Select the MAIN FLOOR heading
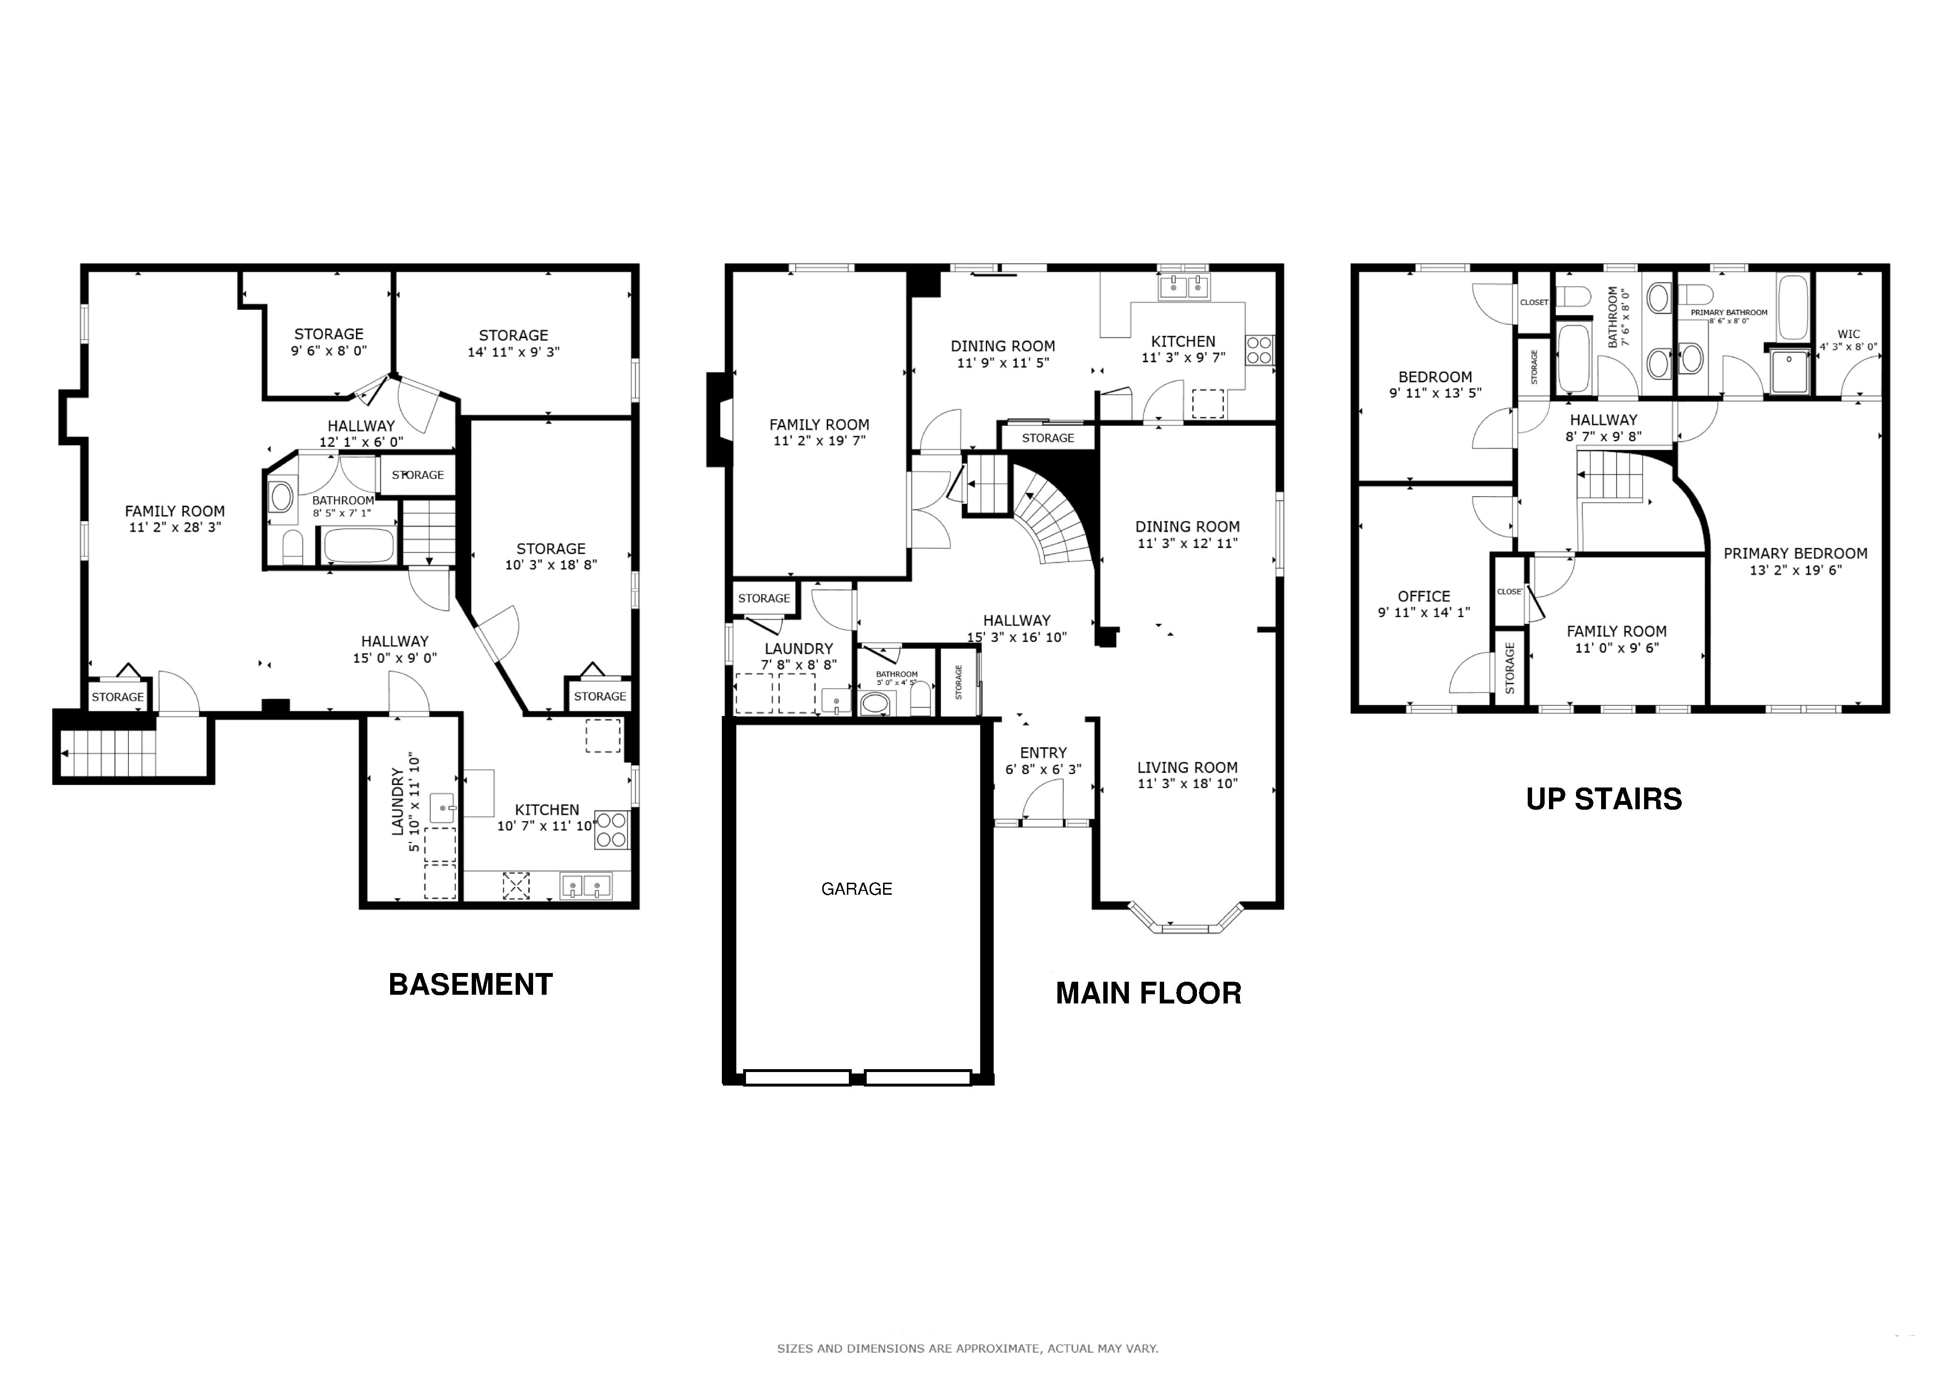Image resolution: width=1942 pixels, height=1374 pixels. pyautogui.click(x=1149, y=992)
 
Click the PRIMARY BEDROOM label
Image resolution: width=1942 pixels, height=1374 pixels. pyautogui.click(x=1796, y=553)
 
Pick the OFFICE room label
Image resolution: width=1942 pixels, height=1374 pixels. pyautogui.click(x=1424, y=597)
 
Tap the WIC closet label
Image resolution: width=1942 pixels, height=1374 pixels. pyautogui.click(x=1849, y=334)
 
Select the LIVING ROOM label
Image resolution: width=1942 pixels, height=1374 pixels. pyautogui.click(x=1187, y=767)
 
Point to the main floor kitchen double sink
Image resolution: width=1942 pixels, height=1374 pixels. pyautogui.click(x=1185, y=287)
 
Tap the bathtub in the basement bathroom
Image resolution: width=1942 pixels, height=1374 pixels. pyautogui.click(x=359, y=546)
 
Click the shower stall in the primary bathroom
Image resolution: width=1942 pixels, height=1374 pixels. pyautogui.click(x=1790, y=371)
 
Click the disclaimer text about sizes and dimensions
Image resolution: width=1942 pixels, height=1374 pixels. pyautogui.click(x=968, y=1348)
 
